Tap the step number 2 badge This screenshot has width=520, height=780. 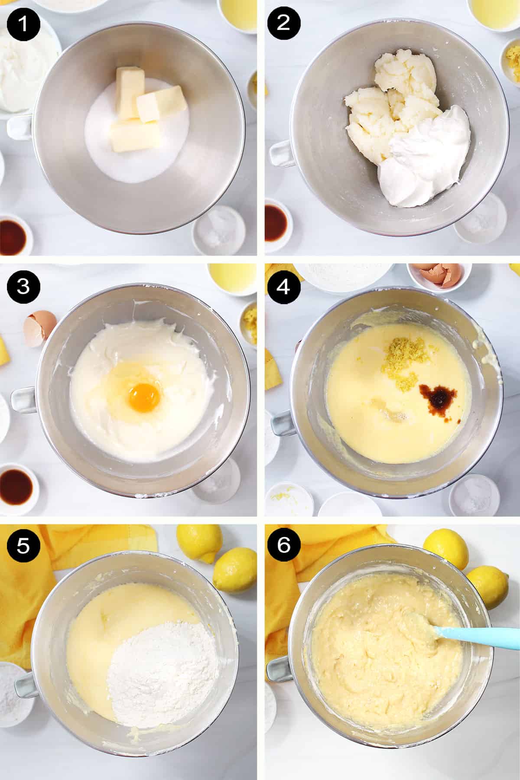tap(283, 23)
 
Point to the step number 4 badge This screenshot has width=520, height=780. tap(283, 286)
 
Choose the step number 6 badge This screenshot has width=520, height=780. tap(283, 546)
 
